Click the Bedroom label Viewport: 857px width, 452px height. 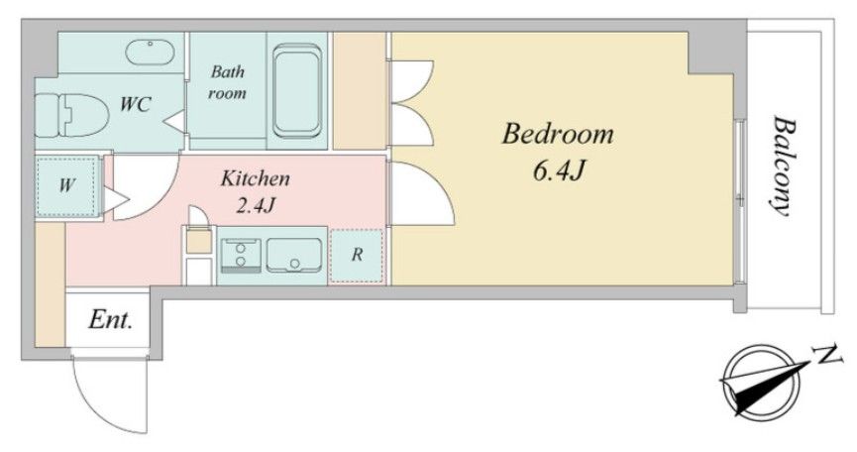tap(558, 135)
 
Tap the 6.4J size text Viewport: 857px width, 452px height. tap(559, 171)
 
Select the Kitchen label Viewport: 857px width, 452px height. tap(256, 178)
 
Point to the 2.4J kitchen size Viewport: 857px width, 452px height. tap(256, 205)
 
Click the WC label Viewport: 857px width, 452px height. tap(135, 104)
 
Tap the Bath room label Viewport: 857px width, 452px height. tap(227, 82)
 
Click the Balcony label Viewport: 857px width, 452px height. tap(783, 167)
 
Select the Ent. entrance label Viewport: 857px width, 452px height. tap(110, 320)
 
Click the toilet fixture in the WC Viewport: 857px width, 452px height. tap(69, 115)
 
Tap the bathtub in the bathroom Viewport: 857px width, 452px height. tap(297, 91)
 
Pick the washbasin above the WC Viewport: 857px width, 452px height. tap(150, 52)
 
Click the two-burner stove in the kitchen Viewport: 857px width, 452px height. tap(241, 255)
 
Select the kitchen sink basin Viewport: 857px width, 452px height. tap(293, 255)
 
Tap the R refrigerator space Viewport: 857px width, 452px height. tap(357, 255)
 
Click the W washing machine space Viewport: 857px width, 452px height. tap(66, 185)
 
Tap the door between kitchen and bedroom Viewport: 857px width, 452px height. tap(422, 193)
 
